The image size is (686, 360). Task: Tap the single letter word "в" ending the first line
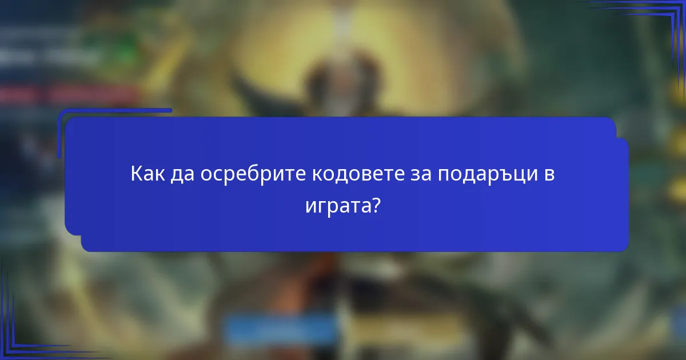point(549,174)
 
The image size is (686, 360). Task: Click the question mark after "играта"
point(375,204)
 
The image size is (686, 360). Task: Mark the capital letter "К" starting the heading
point(136,174)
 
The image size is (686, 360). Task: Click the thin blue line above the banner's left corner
point(114,110)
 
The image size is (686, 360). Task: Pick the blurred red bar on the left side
point(69,93)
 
